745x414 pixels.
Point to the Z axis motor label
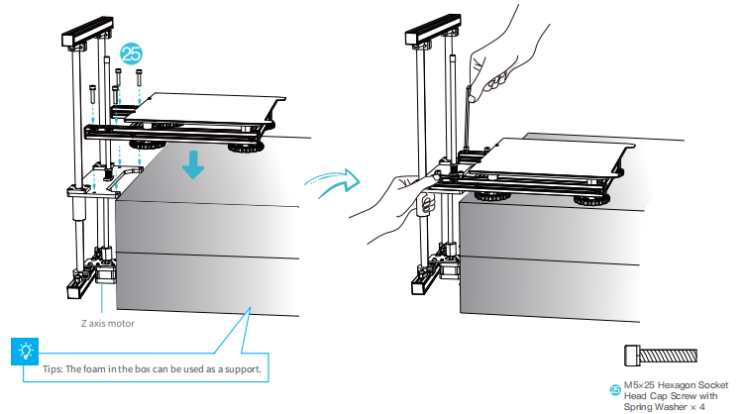point(109,322)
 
